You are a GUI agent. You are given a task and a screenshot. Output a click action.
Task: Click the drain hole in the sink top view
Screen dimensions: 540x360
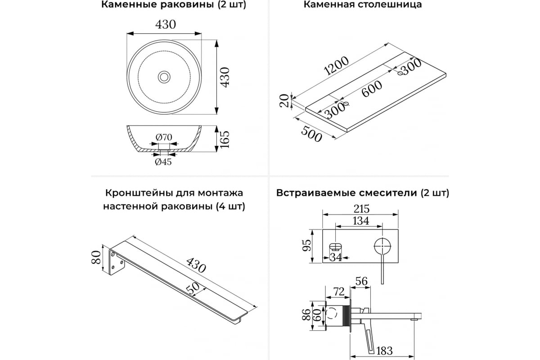(164, 77)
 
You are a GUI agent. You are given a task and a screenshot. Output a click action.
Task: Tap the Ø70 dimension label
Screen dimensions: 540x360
(164, 137)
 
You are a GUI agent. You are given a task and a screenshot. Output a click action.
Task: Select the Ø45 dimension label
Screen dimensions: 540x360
(163, 162)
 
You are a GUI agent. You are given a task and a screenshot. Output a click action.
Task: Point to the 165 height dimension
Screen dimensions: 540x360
(224, 139)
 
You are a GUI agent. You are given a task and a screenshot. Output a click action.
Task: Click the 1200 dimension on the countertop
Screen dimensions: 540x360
(336, 66)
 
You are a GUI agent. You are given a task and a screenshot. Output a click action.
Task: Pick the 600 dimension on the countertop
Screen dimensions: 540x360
(372, 89)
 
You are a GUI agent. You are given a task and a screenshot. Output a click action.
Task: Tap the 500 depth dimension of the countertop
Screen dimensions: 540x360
(311, 134)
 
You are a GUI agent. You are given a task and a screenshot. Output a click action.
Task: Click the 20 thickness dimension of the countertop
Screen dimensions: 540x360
(284, 100)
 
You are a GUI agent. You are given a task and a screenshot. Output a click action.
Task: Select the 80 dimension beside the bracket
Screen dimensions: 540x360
(96, 257)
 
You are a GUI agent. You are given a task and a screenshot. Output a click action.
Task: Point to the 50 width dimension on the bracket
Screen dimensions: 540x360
(193, 288)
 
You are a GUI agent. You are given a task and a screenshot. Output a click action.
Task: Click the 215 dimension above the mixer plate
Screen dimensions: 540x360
(361, 208)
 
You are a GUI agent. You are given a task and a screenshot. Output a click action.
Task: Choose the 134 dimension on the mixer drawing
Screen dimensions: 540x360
(360, 220)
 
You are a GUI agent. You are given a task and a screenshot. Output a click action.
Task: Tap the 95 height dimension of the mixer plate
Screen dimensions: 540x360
(307, 245)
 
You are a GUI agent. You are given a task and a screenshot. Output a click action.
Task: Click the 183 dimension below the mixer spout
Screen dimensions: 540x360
(384, 351)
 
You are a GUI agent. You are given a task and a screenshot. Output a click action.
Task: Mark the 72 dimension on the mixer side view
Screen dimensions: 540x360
(339, 292)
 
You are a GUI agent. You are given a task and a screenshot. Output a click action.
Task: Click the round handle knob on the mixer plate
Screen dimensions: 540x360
(382, 246)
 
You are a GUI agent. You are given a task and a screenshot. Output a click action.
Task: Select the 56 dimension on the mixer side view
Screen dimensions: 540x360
(362, 281)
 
